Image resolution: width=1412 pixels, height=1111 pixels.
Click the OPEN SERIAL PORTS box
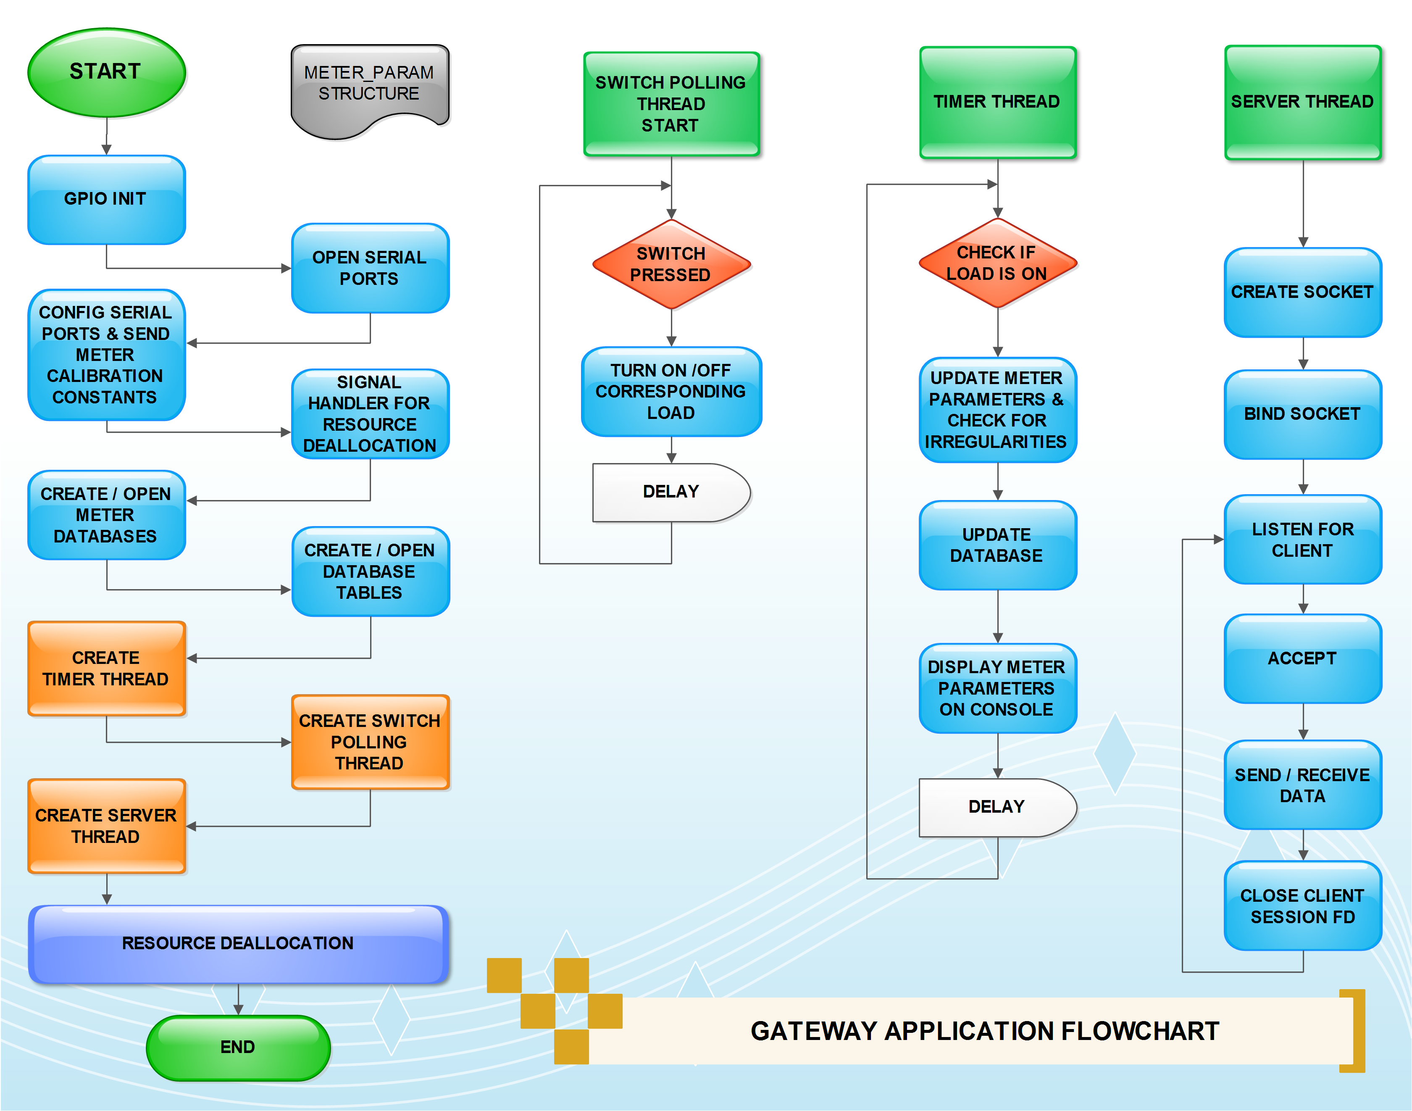[x=369, y=268]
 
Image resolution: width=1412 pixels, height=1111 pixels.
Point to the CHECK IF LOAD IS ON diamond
[x=997, y=263]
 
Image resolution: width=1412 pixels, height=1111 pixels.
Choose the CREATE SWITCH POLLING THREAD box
[x=369, y=742]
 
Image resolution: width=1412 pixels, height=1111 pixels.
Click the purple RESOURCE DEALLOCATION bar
[x=238, y=944]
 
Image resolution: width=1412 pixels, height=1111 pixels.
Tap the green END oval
[x=238, y=1047]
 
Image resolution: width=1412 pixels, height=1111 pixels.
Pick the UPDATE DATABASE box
[x=997, y=545]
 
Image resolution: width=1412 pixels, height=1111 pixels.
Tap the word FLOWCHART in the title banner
[x=1139, y=1032]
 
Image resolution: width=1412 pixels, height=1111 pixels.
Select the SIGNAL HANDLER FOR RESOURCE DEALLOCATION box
[x=369, y=414]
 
